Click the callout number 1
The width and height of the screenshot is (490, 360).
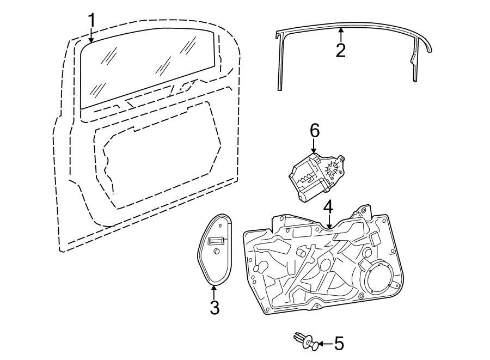(x=91, y=20)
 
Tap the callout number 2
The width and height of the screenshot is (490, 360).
(x=341, y=50)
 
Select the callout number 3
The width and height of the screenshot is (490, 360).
(x=215, y=307)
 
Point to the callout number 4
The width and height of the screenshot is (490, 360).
(x=328, y=207)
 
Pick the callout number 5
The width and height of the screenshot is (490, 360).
(x=339, y=344)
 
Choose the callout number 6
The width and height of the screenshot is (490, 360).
(x=314, y=131)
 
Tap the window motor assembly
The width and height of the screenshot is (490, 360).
(x=316, y=177)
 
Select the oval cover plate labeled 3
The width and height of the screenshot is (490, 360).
(x=215, y=249)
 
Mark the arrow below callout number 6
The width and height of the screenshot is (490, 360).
(x=314, y=145)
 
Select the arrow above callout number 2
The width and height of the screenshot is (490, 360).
(x=341, y=35)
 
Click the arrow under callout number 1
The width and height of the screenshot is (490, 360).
(x=91, y=35)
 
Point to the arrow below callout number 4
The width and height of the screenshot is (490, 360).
(x=328, y=222)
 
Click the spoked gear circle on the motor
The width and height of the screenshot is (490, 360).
(x=333, y=170)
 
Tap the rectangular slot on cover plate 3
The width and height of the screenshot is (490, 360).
(x=216, y=240)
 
